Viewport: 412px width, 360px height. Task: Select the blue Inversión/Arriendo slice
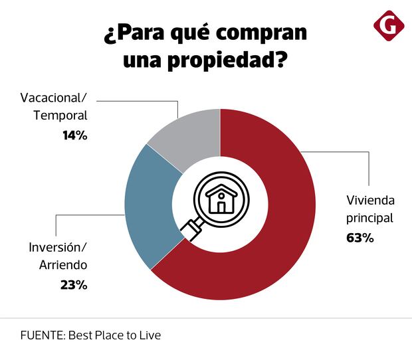pos(150,206)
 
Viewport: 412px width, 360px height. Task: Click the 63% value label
pos(360,237)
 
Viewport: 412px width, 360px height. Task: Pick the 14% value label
pos(75,135)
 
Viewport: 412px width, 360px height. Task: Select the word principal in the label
pos(370,217)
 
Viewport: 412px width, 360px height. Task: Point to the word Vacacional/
pos(54,98)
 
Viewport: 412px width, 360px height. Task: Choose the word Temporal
pos(60,116)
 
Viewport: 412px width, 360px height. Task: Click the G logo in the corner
pos(389,26)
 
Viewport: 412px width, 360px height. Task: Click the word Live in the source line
pos(149,335)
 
